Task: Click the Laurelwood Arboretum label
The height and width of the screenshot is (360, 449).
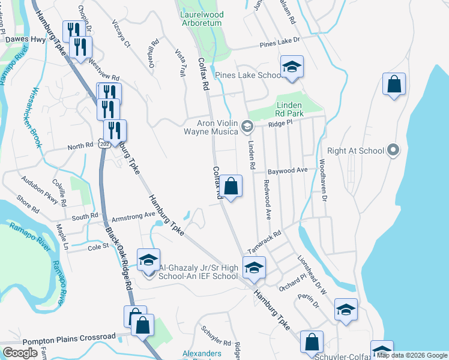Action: tap(201, 19)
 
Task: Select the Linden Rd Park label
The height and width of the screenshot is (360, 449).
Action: tap(291, 109)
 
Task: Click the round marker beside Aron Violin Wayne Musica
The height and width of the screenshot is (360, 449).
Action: tap(247, 127)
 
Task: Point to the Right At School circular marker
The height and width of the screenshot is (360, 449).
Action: tap(393, 151)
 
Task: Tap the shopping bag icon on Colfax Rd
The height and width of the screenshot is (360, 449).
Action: tap(231, 187)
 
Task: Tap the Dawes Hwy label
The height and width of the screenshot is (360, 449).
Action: tap(25, 40)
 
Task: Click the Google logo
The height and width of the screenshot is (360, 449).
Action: tap(20, 353)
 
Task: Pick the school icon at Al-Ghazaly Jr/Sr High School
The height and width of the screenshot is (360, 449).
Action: tap(148, 260)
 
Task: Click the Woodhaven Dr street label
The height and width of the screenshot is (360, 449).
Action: tap(323, 181)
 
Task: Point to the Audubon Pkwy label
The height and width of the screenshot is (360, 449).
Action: tap(40, 190)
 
